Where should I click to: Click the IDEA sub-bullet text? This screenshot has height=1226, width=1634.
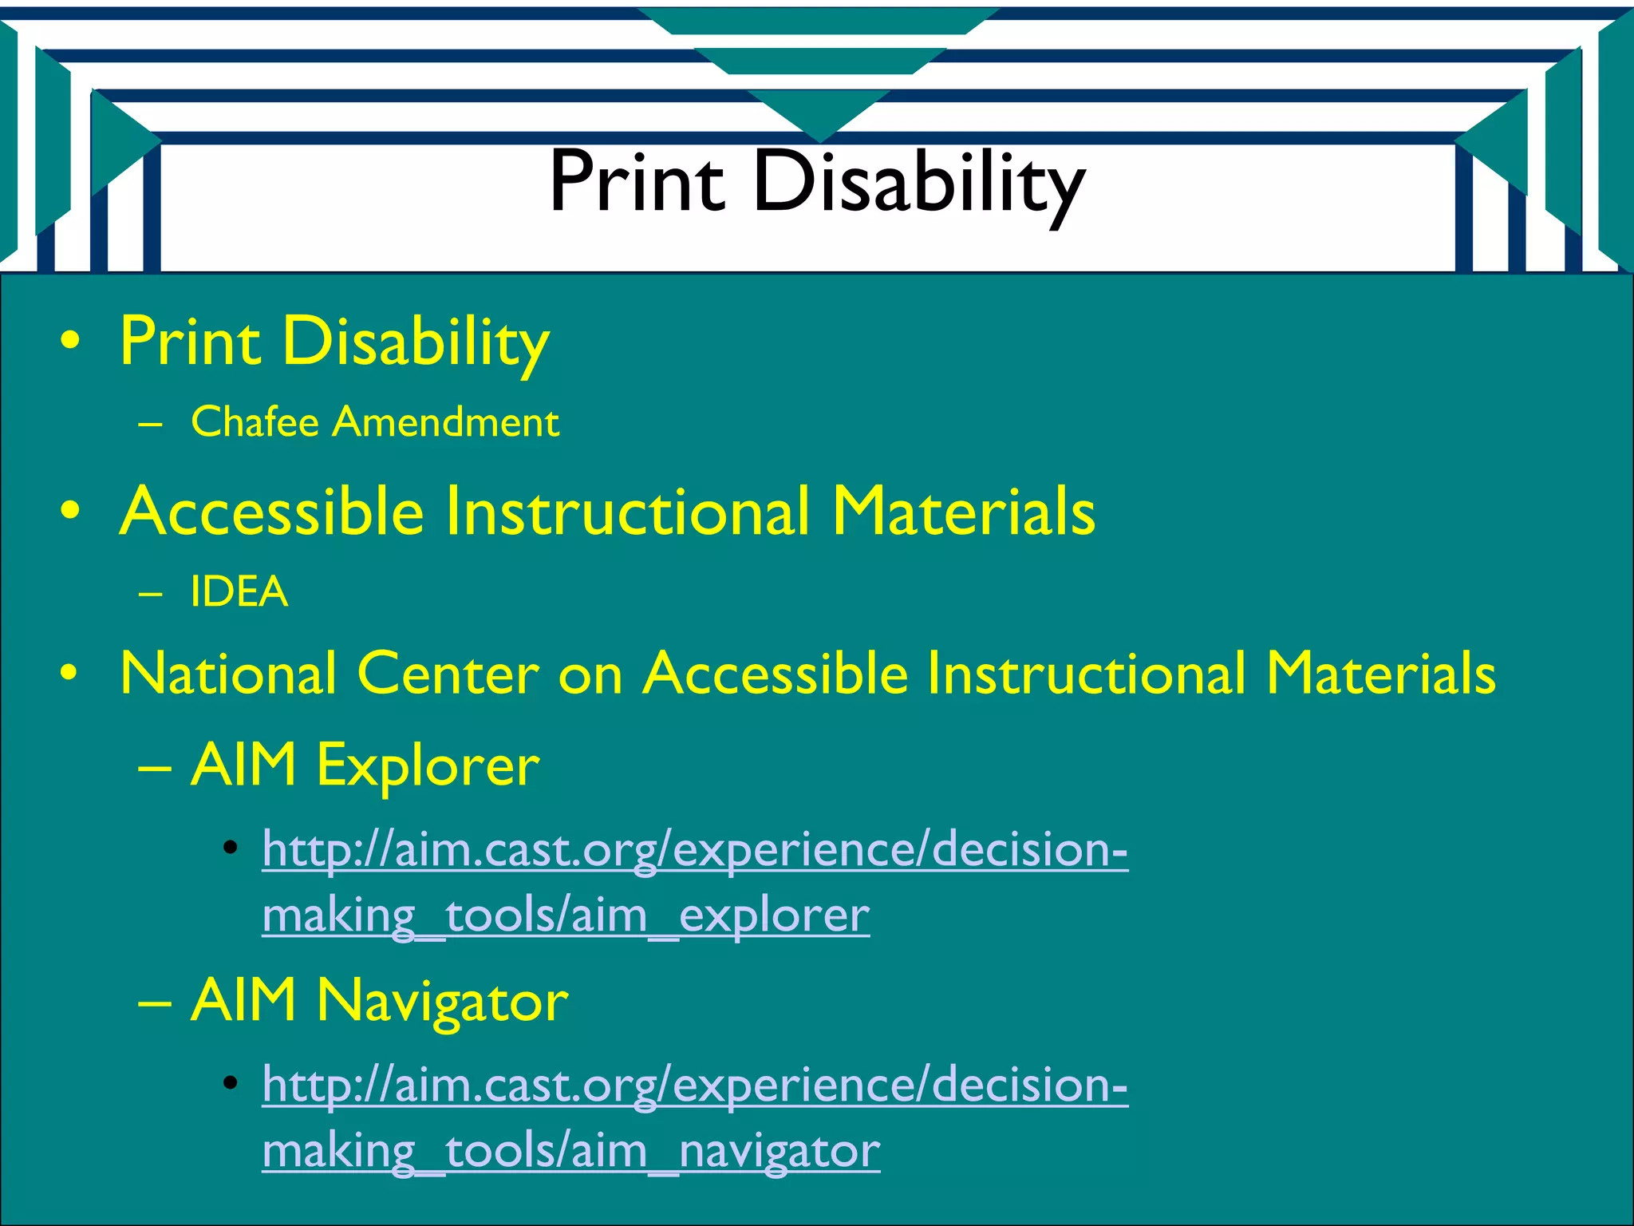click(x=239, y=592)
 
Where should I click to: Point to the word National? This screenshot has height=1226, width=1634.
click(x=228, y=674)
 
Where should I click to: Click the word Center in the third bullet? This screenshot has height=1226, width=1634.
click(x=448, y=674)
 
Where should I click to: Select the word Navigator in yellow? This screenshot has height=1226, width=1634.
click(x=442, y=1001)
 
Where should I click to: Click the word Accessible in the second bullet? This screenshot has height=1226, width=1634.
click(x=271, y=512)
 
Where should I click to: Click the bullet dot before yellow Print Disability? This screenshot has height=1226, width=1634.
click(x=70, y=342)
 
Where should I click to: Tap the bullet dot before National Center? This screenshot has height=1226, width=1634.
click(x=70, y=674)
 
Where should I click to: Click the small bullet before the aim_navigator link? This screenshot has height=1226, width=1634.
click(x=231, y=1083)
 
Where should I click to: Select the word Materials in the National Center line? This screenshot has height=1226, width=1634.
click(x=1380, y=674)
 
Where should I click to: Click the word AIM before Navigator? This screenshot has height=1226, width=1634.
click(x=243, y=1001)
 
